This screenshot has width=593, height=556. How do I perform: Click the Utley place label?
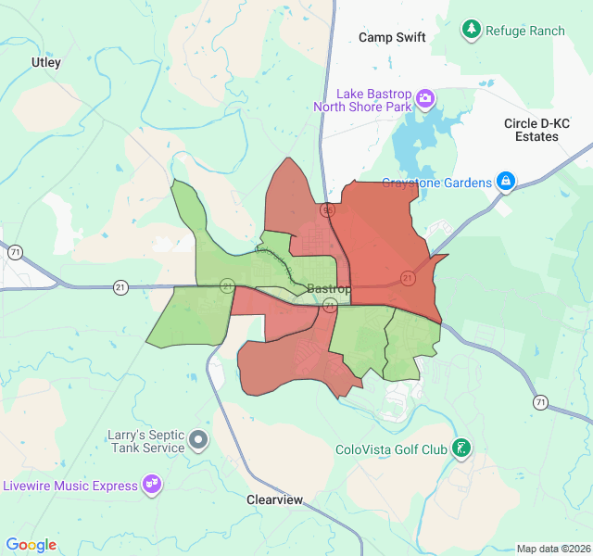pyautogui.click(x=46, y=62)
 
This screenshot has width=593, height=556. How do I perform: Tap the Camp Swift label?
pyautogui.click(x=392, y=38)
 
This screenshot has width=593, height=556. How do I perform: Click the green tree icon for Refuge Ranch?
pyautogui.click(x=472, y=30)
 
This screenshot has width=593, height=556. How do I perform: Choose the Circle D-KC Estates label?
pyautogui.click(x=537, y=130)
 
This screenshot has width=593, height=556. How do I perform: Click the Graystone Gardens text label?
pyautogui.click(x=437, y=183)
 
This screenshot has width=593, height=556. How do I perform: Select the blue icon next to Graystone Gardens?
pyautogui.click(x=506, y=181)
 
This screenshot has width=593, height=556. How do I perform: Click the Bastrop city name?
pyautogui.click(x=329, y=289)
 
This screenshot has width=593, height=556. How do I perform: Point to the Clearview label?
pyautogui.click(x=275, y=499)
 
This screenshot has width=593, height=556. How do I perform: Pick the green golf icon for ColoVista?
pyautogui.click(x=461, y=449)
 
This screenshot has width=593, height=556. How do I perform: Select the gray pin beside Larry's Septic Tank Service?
pyautogui.click(x=198, y=438)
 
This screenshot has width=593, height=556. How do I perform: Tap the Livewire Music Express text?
pyautogui.click(x=69, y=486)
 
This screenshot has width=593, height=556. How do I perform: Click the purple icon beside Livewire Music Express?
pyautogui.click(x=152, y=484)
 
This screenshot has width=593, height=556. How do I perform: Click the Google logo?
pyautogui.click(x=31, y=545)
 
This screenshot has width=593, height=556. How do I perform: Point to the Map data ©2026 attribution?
pyautogui.click(x=553, y=549)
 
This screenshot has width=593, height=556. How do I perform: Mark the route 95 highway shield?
pyautogui.click(x=328, y=210)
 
